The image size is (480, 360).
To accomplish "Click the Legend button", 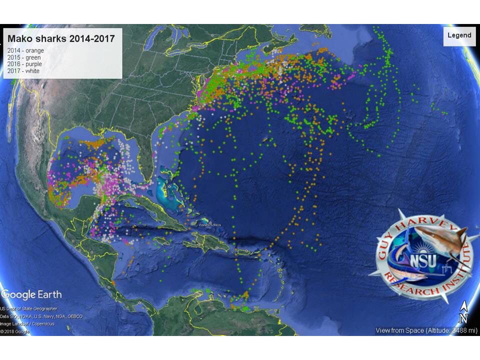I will coord(459,35).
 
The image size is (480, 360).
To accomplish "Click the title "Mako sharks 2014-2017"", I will coord(61,38).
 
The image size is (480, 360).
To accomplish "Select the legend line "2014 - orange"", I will coord(25,50).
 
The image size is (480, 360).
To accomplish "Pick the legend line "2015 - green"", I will coord(24,57).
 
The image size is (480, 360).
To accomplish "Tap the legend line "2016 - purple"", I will coord(24,64).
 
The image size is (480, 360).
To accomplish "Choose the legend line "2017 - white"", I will coord(23,71).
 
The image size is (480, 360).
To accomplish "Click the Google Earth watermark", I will coord(31,294).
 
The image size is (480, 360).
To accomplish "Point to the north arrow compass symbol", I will coord(463,312).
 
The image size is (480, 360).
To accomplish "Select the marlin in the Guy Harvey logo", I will coord(407,270).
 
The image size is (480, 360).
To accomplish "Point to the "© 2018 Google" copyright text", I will coord(15,331).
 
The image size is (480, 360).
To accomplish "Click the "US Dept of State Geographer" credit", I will coord(28,309).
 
